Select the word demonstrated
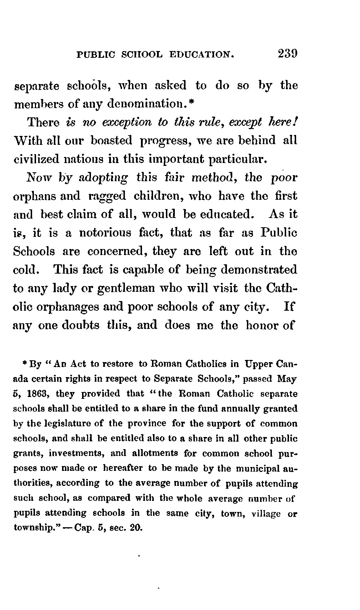point(259,270)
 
